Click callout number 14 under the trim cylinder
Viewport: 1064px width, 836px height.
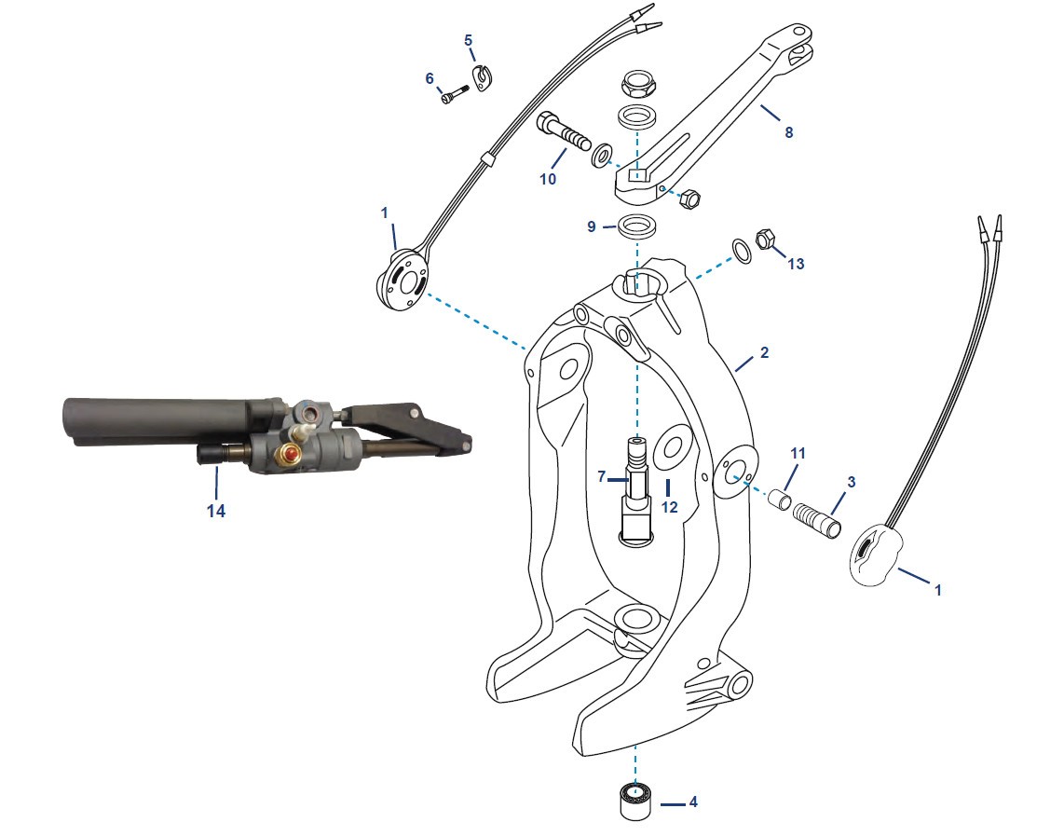coord(216,510)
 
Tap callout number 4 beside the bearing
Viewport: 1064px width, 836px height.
coord(692,802)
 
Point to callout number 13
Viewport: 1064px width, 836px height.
coord(795,264)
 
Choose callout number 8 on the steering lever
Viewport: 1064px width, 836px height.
coord(789,132)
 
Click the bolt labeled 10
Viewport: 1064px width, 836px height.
coord(564,133)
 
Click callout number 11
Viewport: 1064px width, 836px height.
coord(798,453)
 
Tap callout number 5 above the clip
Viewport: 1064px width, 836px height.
coord(469,40)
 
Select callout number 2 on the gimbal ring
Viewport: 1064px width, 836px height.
coord(763,353)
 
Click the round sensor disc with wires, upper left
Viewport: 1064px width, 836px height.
coord(403,281)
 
